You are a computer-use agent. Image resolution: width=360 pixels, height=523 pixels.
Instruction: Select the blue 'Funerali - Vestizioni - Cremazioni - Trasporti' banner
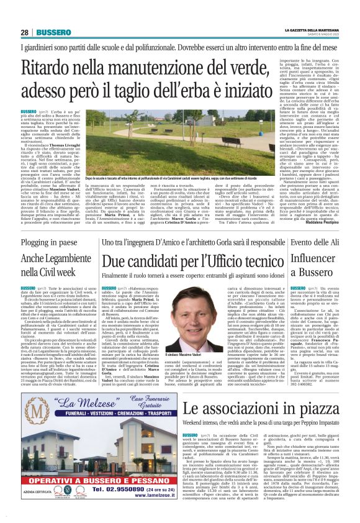pos(93,429)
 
